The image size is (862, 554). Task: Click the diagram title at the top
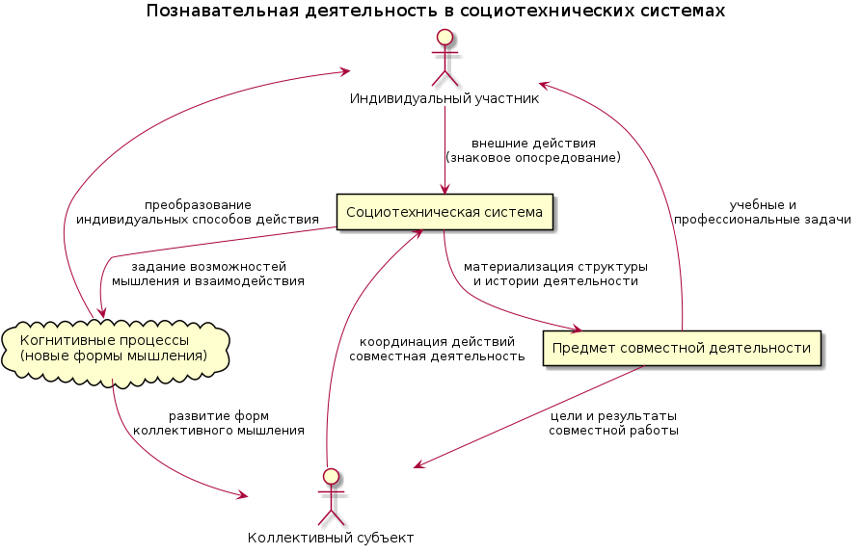point(436,12)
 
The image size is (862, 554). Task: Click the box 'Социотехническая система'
point(444,212)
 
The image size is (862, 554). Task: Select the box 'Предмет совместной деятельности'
point(682,349)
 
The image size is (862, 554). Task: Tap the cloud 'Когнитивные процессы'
point(116,348)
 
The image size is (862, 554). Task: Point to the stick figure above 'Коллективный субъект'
point(331,494)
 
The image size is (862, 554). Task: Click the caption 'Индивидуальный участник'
point(444,97)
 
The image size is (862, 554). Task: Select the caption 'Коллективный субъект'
point(331,538)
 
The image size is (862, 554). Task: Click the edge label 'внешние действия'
point(533,143)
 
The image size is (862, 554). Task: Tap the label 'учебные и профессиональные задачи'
point(762,212)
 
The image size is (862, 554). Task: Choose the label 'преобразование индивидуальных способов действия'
point(198,212)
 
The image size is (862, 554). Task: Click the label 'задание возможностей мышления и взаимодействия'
point(208,274)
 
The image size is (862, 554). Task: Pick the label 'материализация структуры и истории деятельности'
point(555,274)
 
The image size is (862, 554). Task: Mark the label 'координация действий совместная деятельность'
point(437,349)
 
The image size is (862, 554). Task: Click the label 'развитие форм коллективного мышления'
point(218,423)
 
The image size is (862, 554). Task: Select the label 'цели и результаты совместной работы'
point(613,423)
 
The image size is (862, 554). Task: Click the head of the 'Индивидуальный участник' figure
point(444,39)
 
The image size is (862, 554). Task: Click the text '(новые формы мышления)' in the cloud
point(114,356)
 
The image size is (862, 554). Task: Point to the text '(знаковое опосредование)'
point(533,157)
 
